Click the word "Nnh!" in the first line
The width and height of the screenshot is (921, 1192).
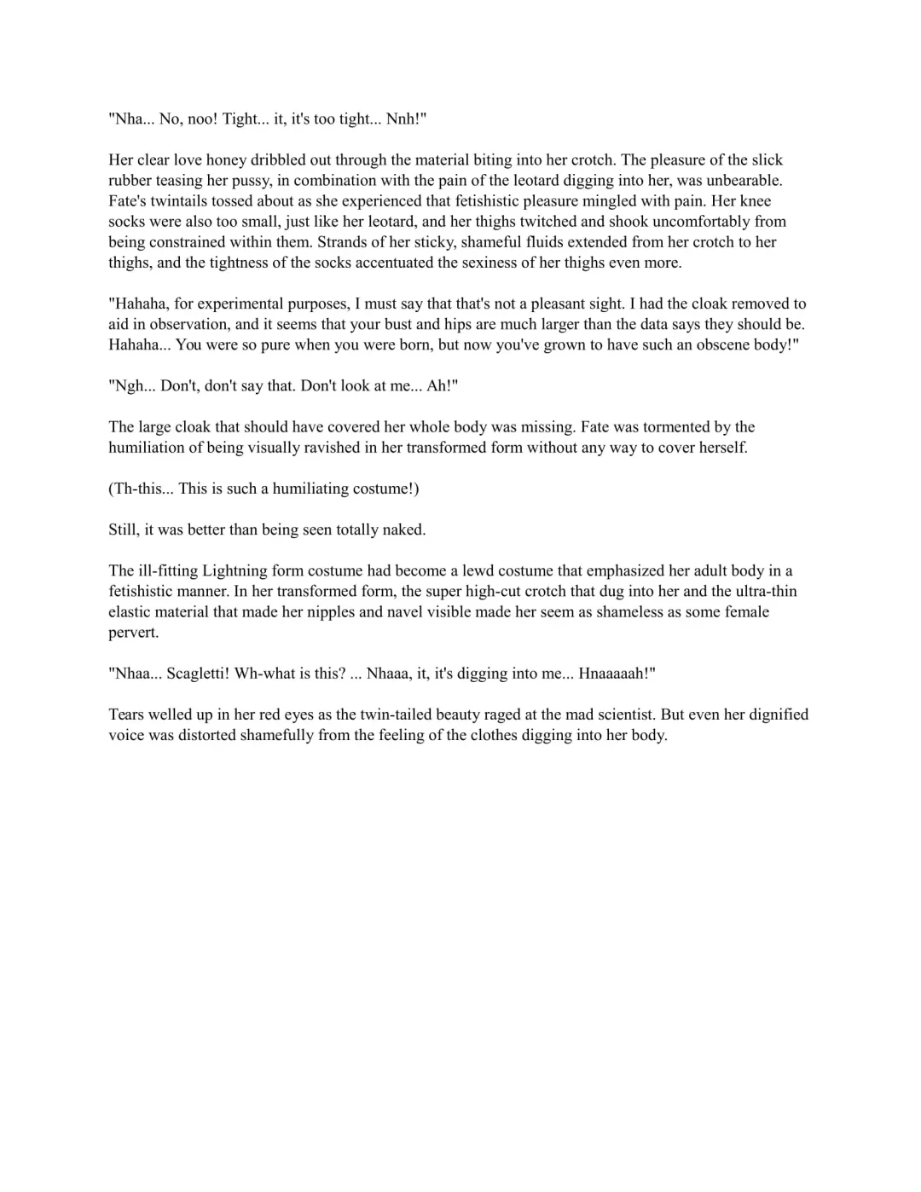pyautogui.click(x=406, y=119)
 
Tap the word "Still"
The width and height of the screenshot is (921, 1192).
pyautogui.click(x=124, y=529)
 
